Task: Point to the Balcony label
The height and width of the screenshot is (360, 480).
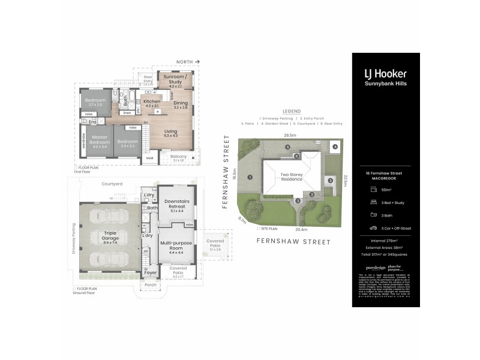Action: point(179,157)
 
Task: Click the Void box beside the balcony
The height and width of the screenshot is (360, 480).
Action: point(149,159)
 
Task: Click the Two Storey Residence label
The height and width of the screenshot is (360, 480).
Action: point(292,177)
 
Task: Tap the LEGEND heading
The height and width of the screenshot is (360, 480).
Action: point(292,112)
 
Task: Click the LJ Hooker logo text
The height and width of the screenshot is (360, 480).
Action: point(386,74)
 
